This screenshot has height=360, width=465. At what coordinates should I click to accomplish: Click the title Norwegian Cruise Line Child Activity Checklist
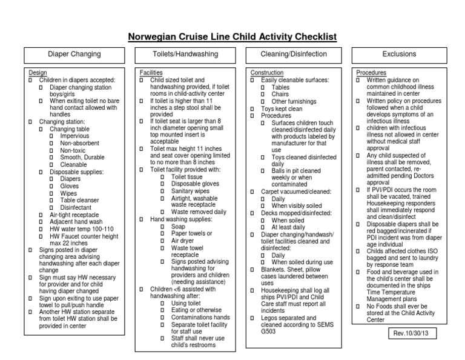[x=232, y=37]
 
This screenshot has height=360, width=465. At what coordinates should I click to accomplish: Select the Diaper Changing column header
[x=74, y=55]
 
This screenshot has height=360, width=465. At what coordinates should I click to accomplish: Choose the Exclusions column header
[x=399, y=55]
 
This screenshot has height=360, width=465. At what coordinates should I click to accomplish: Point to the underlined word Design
[x=38, y=72]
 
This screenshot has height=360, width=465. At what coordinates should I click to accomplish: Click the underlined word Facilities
[x=151, y=72]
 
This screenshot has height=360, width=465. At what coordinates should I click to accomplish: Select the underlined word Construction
[x=266, y=72]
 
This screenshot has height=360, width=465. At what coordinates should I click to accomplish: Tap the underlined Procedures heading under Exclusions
[x=371, y=72]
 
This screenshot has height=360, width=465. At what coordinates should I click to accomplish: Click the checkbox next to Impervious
[x=51, y=136]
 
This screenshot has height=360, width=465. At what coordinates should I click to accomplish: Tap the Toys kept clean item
[x=282, y=108]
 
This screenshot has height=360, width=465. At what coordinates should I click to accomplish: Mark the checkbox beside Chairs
[x=263, y=95]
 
